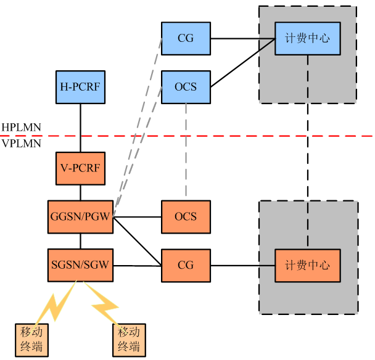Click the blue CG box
pyautogui.click(x=186, y=38)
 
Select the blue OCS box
pyautogui.click(x=186, y=87)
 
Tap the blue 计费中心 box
pyautogui.click(x=307, y=38)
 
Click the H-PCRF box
pyautogui.click(x=80, y=87)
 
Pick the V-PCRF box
pyautogui.click(x=80, y=168)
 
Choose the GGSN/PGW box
pyautogui.click(x=80, y=216)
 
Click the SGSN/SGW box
pyautogui.click(x=80, y=266)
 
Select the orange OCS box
pyautogui.click(x=186, y=216)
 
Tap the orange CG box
pyautogui.click(x=186, y=266)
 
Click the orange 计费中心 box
pyautogui.click(x=307, y=266)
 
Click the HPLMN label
pyautogui.click(x=21, y=128)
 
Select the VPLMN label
pyautogui.click(x=21, y=144)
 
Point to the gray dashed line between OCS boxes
pyautogui.click(x=186, y=151)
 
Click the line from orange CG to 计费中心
pyautogui.click(x=242, y=266)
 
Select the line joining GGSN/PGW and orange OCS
pyautogui.click(x=137, y=217)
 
